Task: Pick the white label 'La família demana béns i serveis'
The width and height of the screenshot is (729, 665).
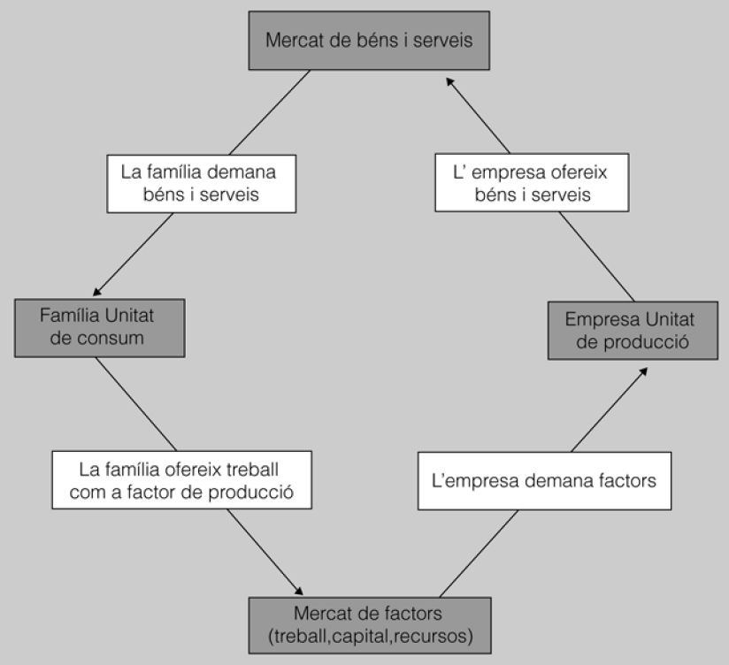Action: click(199, 183)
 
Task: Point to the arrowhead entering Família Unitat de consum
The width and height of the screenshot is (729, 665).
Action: click(96, 292)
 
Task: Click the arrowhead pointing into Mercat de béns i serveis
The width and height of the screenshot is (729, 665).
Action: click(449, 80)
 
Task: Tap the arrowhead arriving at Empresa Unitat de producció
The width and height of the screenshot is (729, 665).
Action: click(643, 370)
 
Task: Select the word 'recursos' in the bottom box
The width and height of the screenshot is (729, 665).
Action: click(437, 634)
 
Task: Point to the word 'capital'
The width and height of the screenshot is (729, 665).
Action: click(364, 634)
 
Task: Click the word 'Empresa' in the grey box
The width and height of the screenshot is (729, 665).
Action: click(597, 318)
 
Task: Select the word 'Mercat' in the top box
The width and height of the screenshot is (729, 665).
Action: click(295, 40)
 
